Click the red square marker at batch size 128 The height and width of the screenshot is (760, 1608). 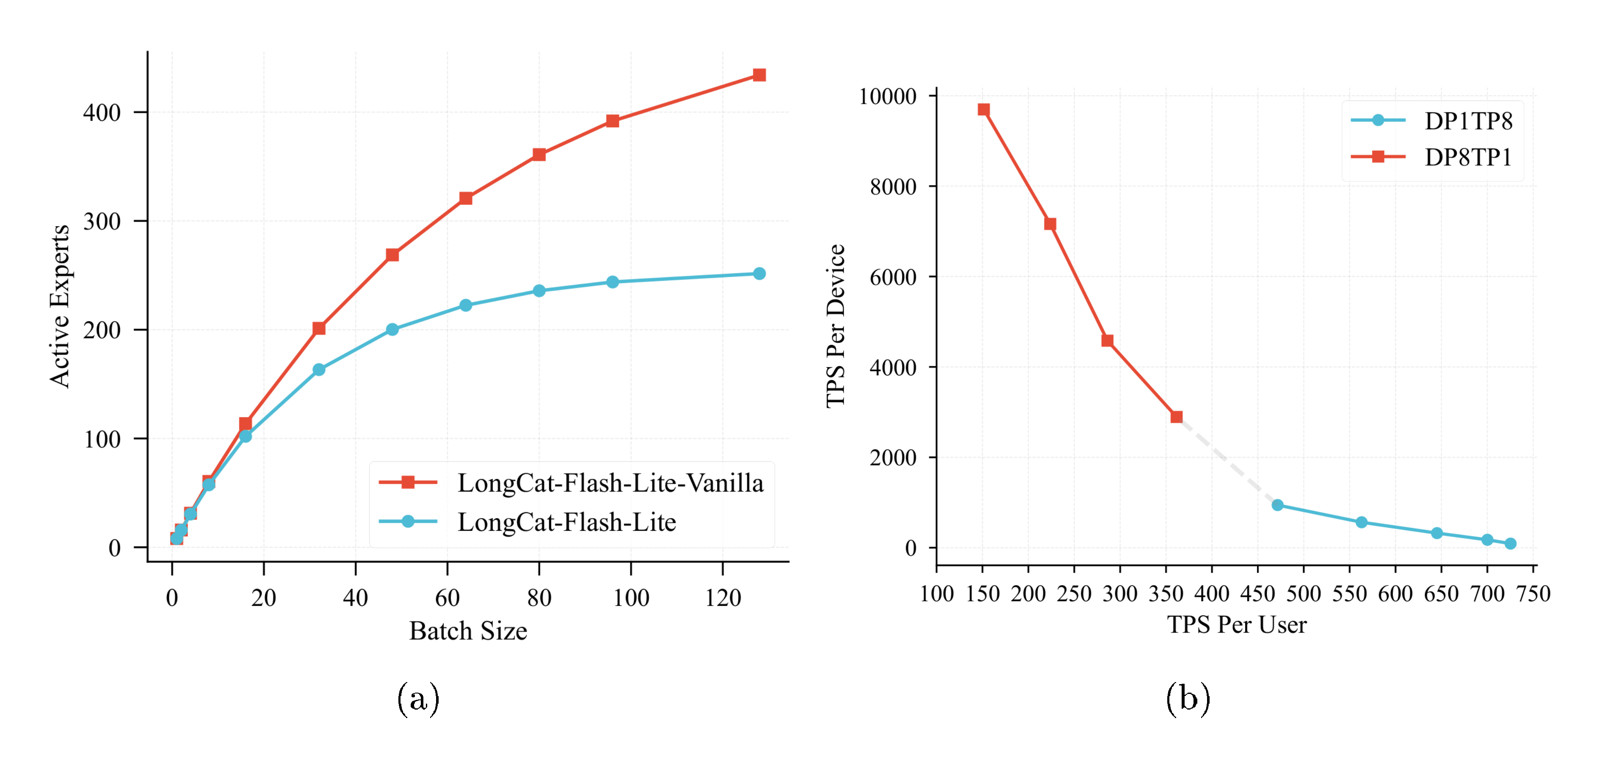759,75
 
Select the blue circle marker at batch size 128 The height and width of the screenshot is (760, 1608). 759,274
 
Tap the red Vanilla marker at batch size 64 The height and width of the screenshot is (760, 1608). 466,198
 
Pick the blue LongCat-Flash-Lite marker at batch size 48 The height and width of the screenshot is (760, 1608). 392,329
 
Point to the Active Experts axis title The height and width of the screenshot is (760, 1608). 60,306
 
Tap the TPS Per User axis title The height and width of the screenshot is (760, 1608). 1237,624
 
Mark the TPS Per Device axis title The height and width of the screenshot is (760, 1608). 835,326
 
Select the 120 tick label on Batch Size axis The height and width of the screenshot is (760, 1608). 723,598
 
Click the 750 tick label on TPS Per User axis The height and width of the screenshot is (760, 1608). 1533,593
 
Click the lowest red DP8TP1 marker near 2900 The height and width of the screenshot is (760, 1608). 1177,416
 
